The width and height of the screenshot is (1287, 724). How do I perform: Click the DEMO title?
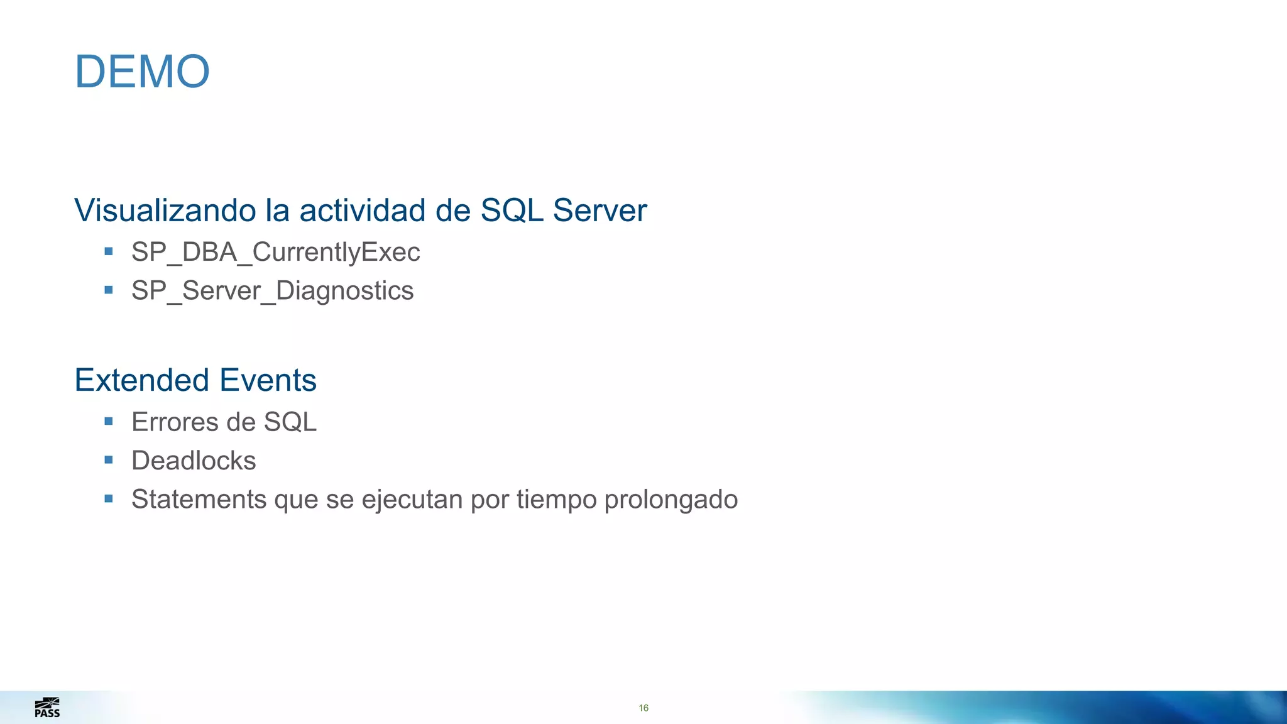tap(142, 72)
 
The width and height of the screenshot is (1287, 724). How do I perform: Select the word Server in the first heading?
tap(600, 211)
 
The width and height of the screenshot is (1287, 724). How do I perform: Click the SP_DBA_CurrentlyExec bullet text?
tap(275, 253)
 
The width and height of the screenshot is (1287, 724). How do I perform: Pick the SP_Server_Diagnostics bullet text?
tap(272, 291)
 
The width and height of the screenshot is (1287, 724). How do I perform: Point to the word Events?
tap(268, 380)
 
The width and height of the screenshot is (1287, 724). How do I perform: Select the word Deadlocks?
tap(194, 461)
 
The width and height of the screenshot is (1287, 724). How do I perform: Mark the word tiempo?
tap(556, 500)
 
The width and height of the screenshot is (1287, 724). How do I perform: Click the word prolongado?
tap(671, 500)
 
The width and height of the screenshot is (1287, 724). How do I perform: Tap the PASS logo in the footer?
tap(47, 708)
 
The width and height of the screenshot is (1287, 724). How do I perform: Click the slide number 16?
tap(643, 708)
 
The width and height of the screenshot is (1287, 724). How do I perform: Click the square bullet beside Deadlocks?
tap(109, 460)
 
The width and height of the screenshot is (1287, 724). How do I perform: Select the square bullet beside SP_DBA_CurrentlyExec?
tap(109, 251)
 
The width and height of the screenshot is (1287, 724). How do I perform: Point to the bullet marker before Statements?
tap(109, 499)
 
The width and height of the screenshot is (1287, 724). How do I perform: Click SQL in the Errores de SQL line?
tap(290, 422)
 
